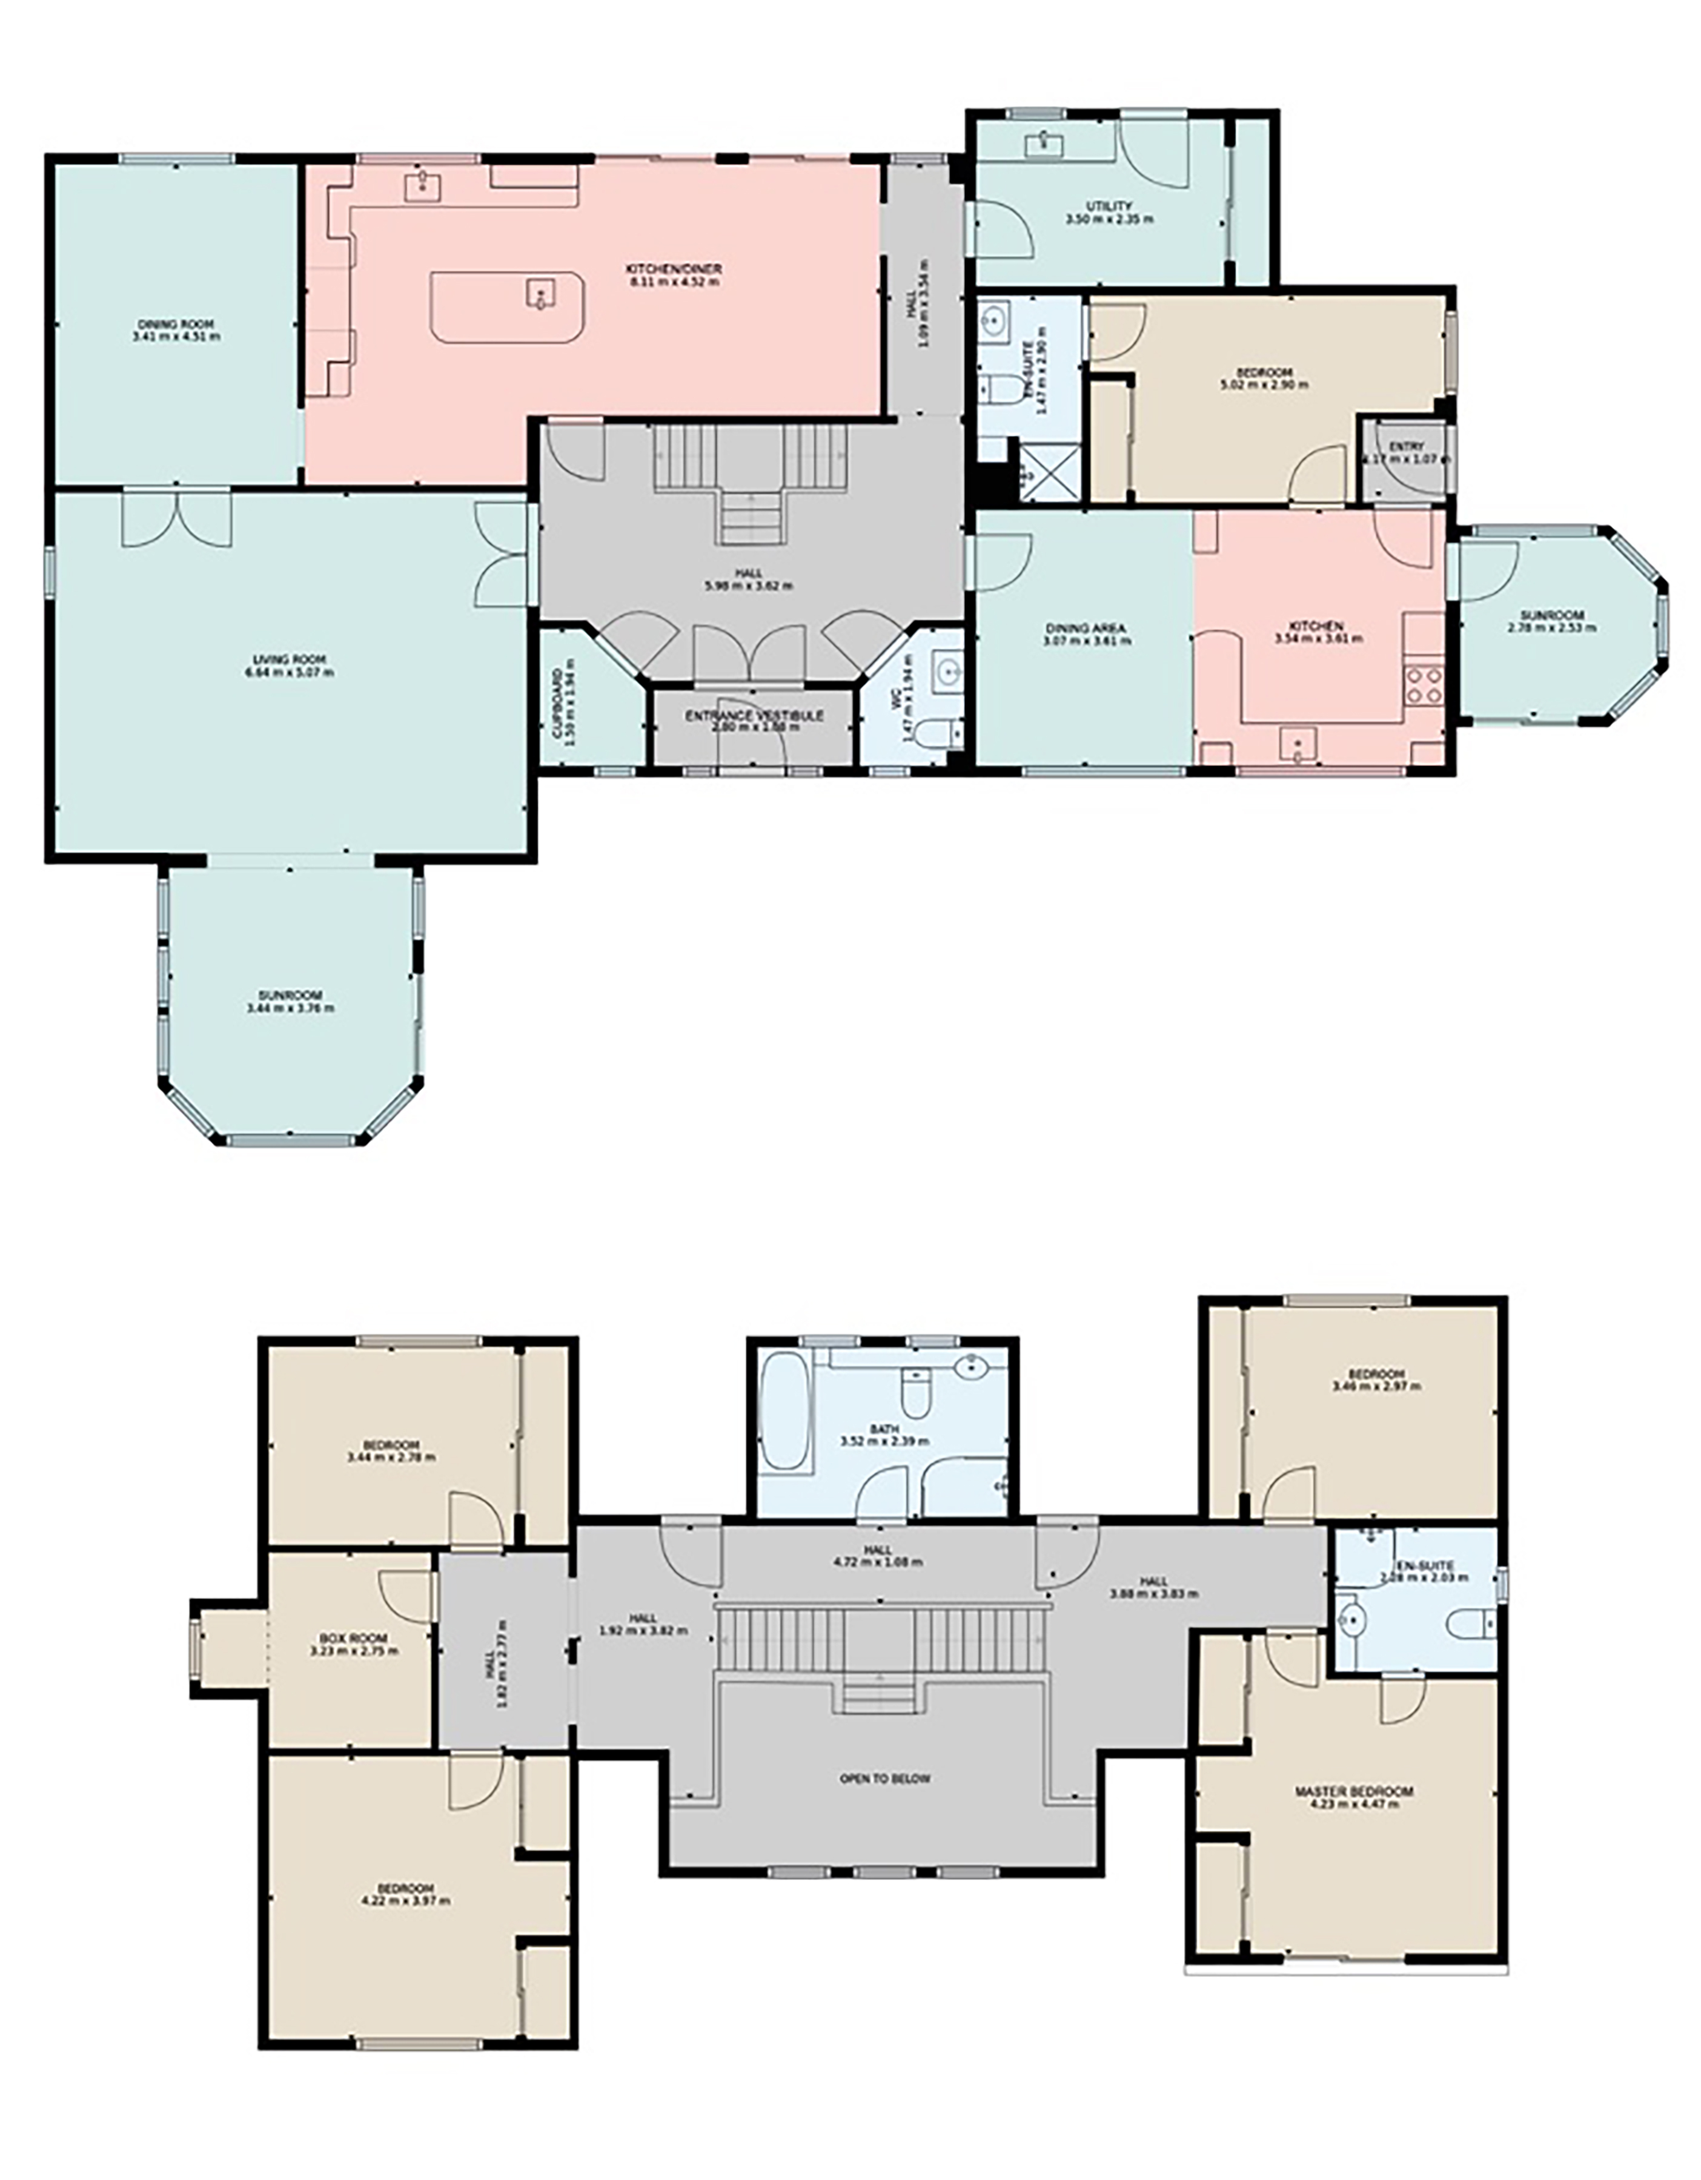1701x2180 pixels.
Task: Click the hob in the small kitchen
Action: click(x=1424, y=685)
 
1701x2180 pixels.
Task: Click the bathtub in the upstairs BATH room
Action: click(x=787, y=1412)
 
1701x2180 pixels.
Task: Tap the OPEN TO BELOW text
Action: click(x=884, y=1778)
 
